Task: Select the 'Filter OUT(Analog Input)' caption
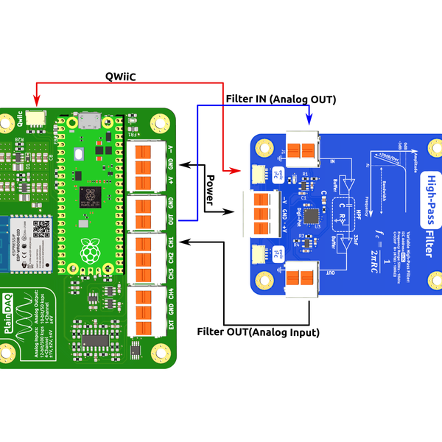(x=259, y=332)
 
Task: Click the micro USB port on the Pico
(x=91, y=119)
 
